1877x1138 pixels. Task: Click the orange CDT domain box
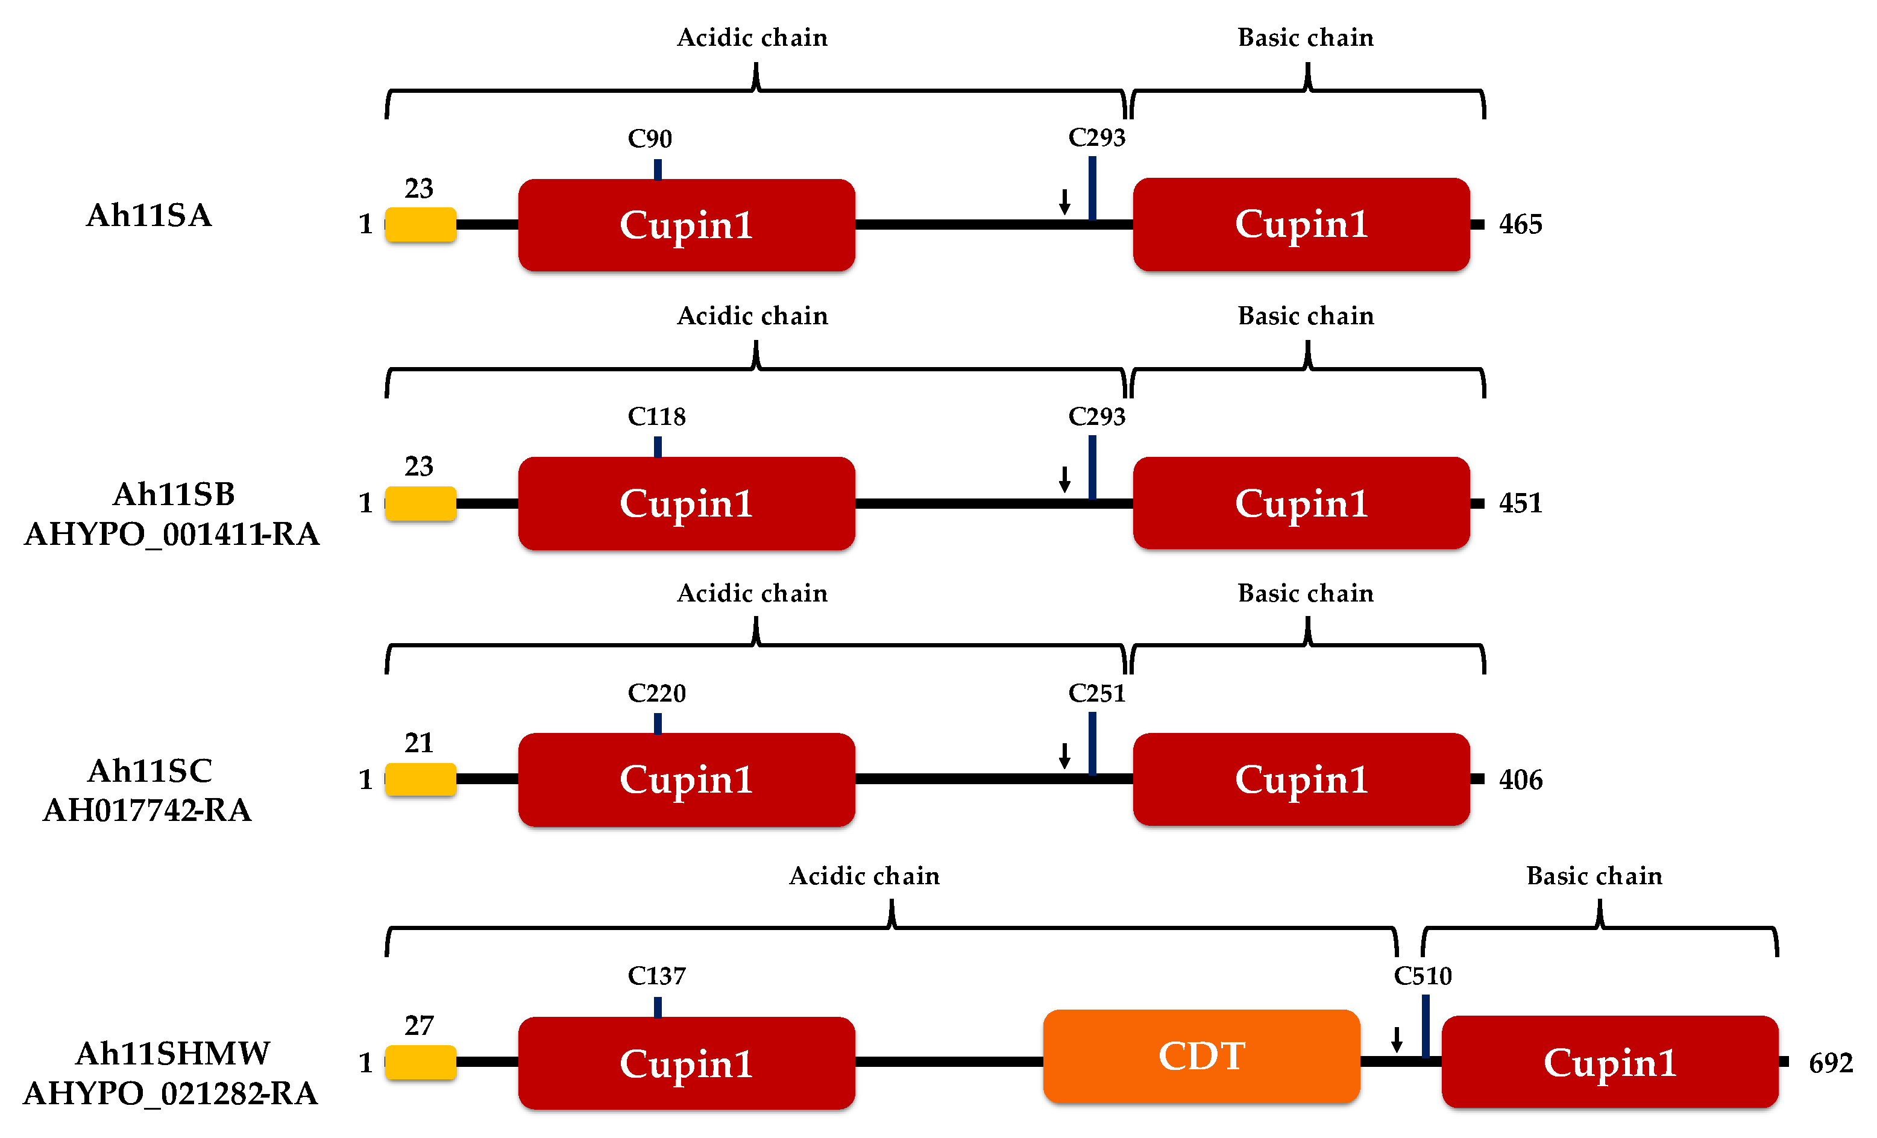point(1201,1056)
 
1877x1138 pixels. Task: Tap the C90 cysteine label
point(650,139)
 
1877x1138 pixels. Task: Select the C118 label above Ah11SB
point(656,417)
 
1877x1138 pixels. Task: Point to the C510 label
point(1423,976)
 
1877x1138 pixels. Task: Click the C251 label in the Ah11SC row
point(1096,693)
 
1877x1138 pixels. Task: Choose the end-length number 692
point(1830,1063)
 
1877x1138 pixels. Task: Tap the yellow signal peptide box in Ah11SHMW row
point(421,1062)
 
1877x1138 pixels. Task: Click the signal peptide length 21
point(418,743)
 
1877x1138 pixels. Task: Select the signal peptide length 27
point(418,1026)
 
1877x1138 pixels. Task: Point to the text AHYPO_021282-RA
point(170,1094)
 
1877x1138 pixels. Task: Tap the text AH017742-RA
point(147,811)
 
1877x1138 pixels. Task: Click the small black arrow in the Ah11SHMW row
point(1397,1039)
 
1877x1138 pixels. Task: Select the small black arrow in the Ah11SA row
point(1064,201)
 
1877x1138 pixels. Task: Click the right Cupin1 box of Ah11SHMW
point(1609,1062)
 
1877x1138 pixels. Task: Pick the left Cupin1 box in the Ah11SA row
point(685,225)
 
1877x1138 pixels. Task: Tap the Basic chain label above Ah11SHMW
point(1594,876)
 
